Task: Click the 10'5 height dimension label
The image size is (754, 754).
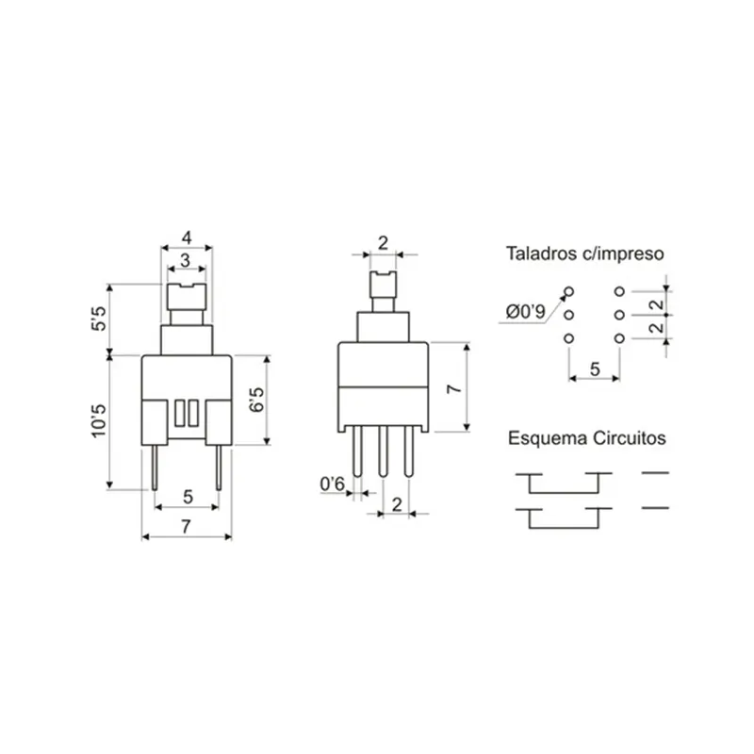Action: click(x=99, y=420)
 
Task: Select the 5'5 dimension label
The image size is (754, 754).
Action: click(x=99, y=319)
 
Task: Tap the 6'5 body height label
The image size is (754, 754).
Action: click(x=256, y=400)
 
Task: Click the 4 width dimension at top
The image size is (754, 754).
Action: click(x=187, y=238)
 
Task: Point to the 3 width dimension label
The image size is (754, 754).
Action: click(x=185, y=260)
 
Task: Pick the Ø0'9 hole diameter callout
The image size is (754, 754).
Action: click(x=526, y=312)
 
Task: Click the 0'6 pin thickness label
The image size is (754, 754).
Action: click(x=333, y=484)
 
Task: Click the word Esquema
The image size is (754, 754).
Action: click(x=549, y=438)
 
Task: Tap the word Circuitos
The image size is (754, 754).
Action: click(x=630, y=438)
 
